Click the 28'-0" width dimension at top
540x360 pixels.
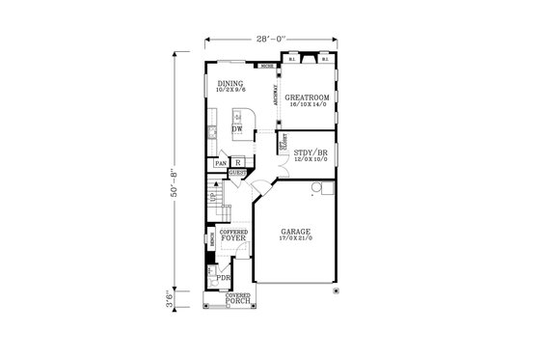[x=272, y=40]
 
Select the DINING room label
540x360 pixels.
[x=230, y=83]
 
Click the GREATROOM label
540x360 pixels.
[x=308, y=97]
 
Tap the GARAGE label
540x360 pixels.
[x=296, y=232]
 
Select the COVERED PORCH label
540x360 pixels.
[x=238, y=299]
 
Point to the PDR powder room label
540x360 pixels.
[x=223, y=278]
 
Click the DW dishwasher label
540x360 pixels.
[x=237, y=128]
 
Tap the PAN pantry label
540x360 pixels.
[x=221, y=164]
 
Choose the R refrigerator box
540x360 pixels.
[x=237, y=163]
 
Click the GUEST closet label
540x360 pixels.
[x=236, y=174]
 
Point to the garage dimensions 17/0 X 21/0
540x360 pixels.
[x=296, y=239]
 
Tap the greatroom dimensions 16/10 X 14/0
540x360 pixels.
[x=308, y=105]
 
